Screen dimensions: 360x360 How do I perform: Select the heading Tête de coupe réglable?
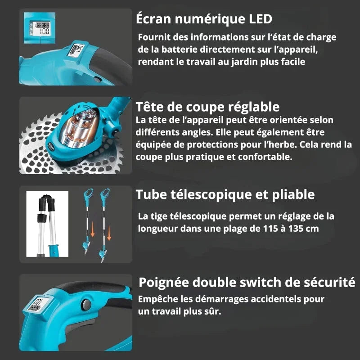pos(207,107)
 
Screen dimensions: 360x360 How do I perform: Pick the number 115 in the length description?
pos(270,228)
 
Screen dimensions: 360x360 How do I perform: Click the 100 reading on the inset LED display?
pos(44,31)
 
